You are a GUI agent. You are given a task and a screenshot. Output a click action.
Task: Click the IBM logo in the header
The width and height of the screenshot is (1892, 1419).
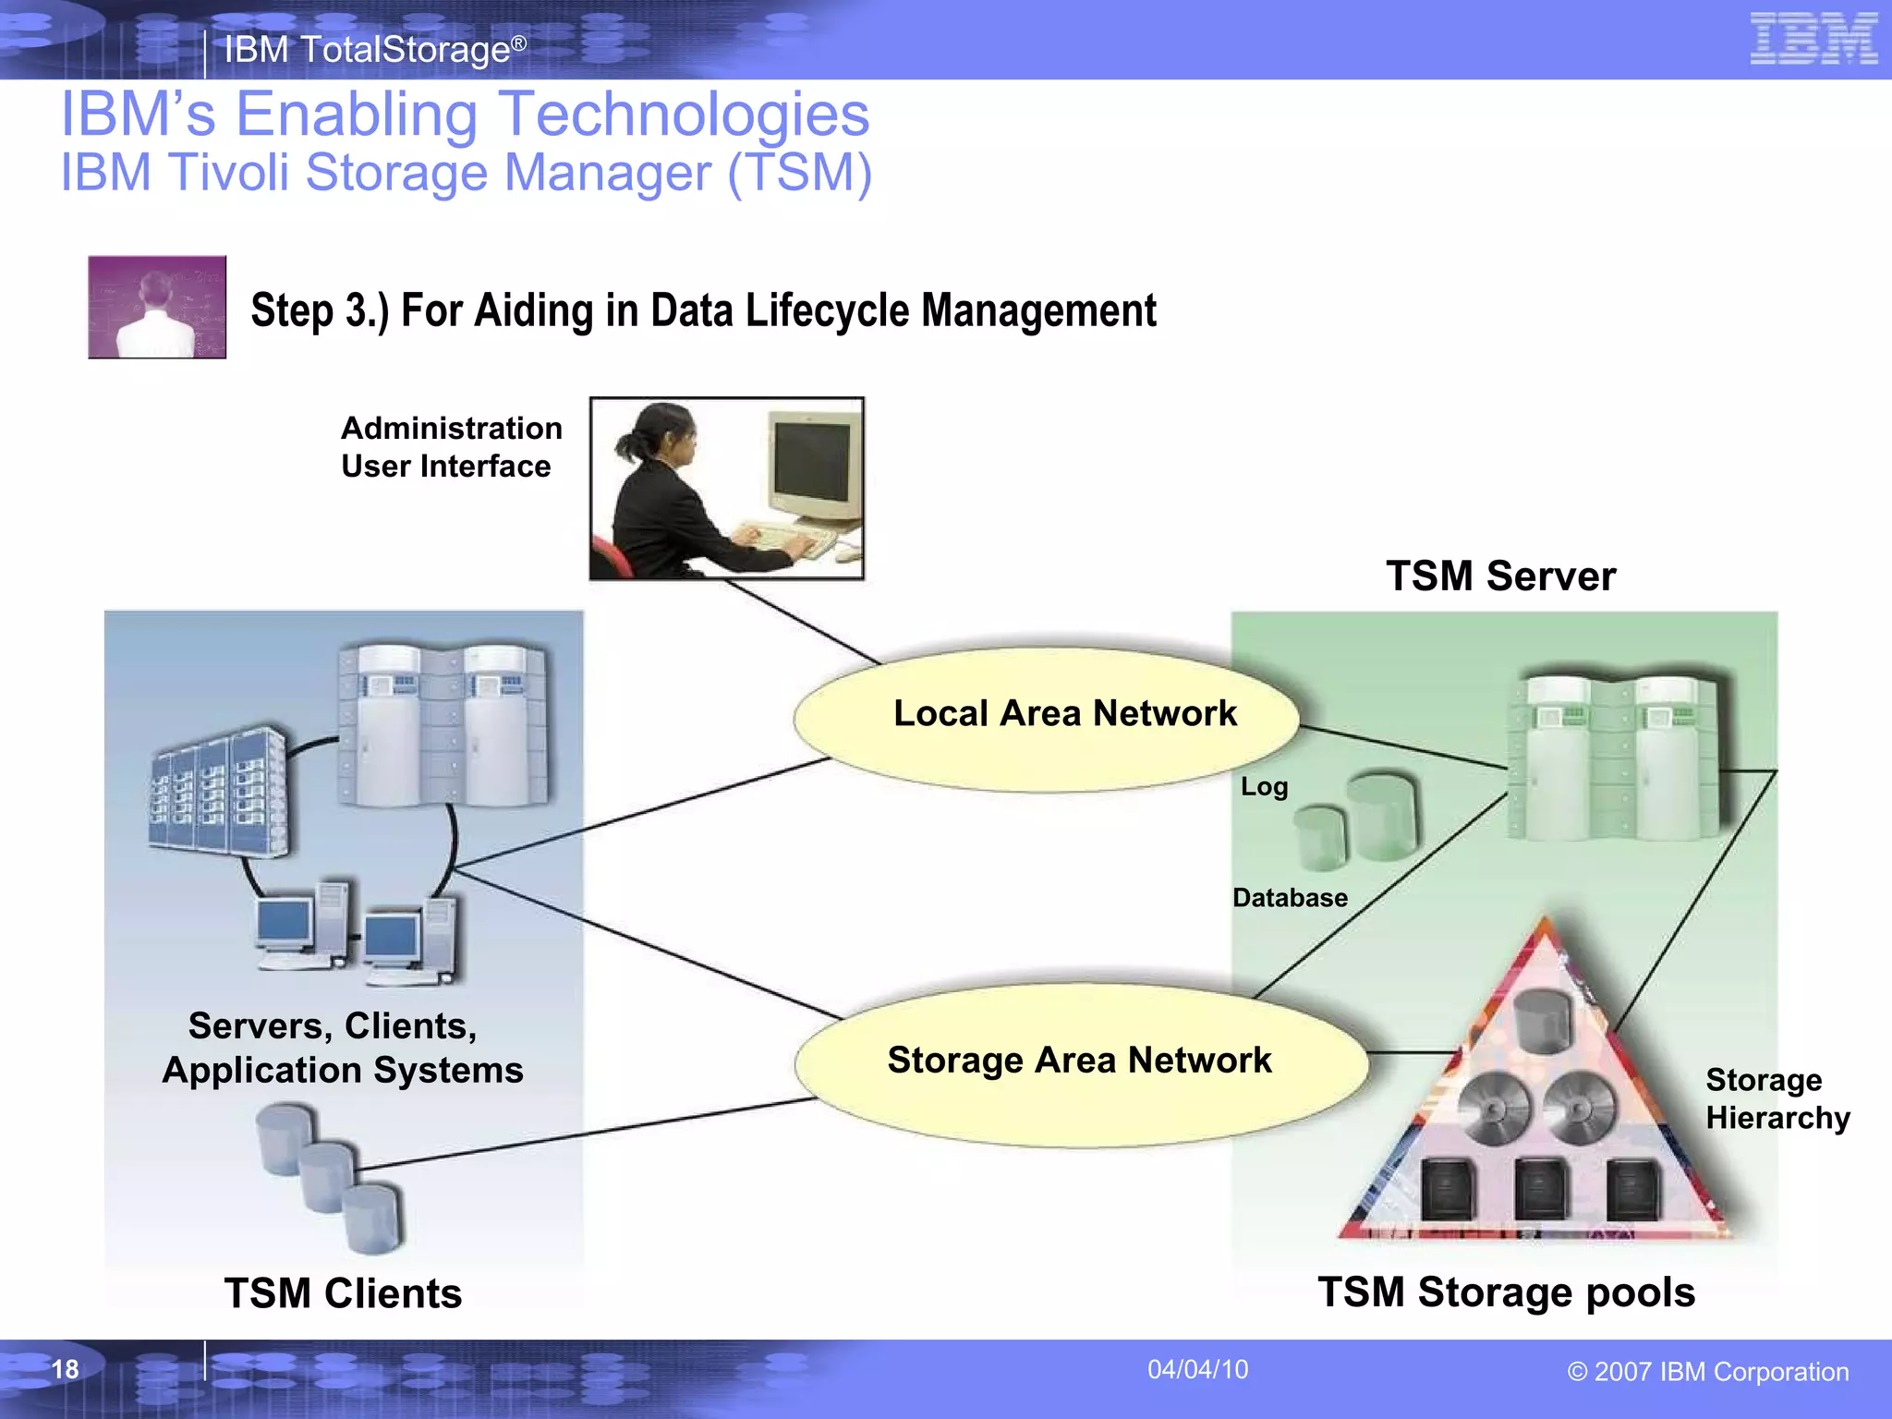1813,39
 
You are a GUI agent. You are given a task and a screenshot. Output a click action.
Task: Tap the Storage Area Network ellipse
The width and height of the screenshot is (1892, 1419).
1079,1062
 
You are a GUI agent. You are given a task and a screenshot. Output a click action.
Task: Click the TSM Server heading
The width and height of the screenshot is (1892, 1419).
1500,576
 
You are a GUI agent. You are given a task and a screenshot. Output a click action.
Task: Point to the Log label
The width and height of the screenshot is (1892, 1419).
1264,787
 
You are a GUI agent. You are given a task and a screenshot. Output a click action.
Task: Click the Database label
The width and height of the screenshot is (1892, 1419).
1290,898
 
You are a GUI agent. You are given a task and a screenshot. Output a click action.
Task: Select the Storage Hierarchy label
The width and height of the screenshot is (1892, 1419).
1777,1098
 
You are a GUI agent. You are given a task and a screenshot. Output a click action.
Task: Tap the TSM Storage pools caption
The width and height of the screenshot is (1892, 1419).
1506,1292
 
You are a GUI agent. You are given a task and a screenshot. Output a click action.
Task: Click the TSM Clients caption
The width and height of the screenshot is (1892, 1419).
343,1293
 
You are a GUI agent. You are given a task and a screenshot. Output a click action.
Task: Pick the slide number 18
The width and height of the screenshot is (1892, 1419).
65,1369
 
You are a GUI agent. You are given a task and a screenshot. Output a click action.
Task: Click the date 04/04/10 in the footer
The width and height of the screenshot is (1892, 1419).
1197,1369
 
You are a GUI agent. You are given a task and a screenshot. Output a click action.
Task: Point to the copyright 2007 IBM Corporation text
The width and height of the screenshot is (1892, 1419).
1708,1372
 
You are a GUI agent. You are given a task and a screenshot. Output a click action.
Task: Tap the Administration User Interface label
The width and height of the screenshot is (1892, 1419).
451,447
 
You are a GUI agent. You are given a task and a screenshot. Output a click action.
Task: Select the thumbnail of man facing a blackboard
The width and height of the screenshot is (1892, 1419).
157,307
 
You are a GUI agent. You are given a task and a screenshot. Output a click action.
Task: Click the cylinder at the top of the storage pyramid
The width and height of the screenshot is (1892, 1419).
1544,1019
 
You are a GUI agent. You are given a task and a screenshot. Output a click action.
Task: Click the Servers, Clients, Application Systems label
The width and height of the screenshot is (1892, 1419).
342,1049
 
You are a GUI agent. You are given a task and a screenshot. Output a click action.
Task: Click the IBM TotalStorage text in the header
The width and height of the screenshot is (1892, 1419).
374,50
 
